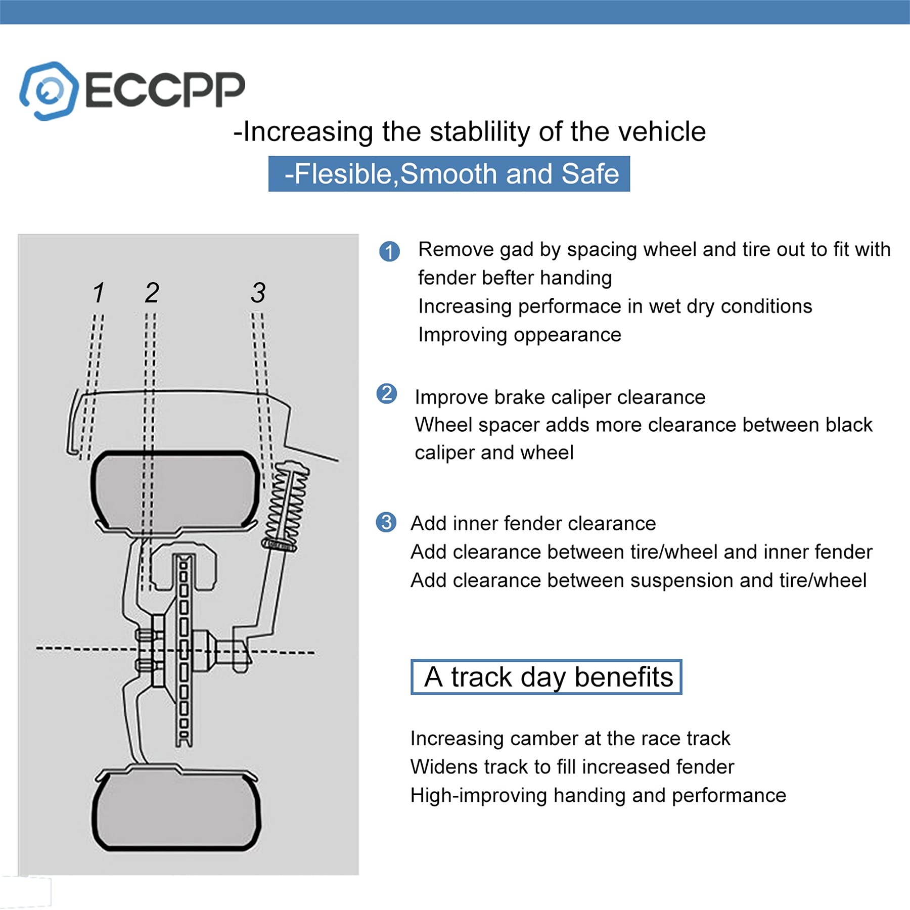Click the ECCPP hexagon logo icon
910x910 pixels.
(49, 91)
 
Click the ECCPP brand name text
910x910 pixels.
(165, 90)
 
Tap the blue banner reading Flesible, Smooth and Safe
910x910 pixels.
(449, 174)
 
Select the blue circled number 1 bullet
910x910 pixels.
(389, 251)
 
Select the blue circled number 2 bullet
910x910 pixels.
(387, 393)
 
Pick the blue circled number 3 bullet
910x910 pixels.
(386, 522)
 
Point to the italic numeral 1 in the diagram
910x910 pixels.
(99, 293)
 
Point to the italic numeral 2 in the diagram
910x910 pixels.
(152, 293)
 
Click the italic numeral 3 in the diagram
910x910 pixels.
(258, 293)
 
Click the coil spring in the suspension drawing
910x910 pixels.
(287, 506)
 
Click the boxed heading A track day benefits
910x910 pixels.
(547, 677)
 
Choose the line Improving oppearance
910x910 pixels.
(519, 335)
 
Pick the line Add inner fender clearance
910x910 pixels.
(533, 523)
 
